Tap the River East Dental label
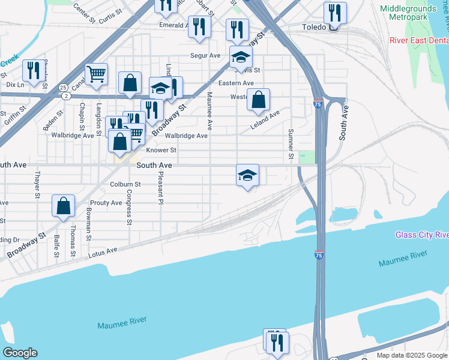(418, 40)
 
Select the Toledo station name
(313, 28)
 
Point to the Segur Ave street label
(205, 55)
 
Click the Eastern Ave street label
(236, 83)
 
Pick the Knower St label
(161, 150)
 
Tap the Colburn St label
(125, 184)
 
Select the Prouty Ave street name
(106, 203)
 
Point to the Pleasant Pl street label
(160, 188)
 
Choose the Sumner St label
(291, 144)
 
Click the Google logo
(19, 353)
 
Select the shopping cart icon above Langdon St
(96, 74)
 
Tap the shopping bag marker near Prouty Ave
(63, 206)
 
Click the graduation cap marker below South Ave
(247, 175)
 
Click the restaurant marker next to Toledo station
(334, 13)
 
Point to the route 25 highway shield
(62, 87)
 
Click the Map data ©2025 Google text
(411, 355)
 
